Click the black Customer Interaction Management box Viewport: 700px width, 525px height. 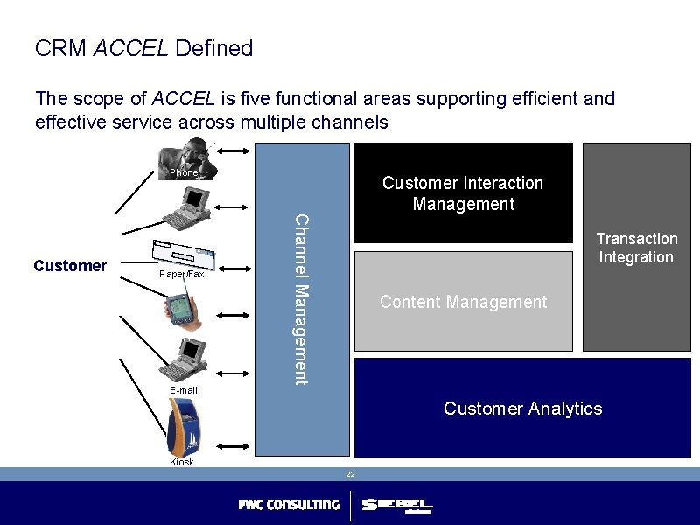(x=463, y=193)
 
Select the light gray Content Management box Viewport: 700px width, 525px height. (x=463, y=302)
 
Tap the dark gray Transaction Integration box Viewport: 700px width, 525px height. (x=636, y=248)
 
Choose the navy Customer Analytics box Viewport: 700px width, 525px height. (x=522, y=409)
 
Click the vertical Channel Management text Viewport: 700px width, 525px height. (x=300, y=298)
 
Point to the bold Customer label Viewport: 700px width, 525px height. (x=70, y=266)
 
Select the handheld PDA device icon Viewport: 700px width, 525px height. (x=179, y=310)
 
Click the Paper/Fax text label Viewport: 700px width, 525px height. (x=181, y=275)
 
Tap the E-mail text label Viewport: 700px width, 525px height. (x=184, y=390)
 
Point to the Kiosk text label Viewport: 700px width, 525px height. (x=182, y=462)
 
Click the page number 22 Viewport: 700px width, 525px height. (x=349, y=473)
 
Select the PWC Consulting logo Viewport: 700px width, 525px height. (x=289, y=505)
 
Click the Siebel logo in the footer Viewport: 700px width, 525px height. (x=397, y=506)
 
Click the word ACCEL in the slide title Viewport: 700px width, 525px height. (x=130, y=48)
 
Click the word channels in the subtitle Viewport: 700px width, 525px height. (x=347, y=122)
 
